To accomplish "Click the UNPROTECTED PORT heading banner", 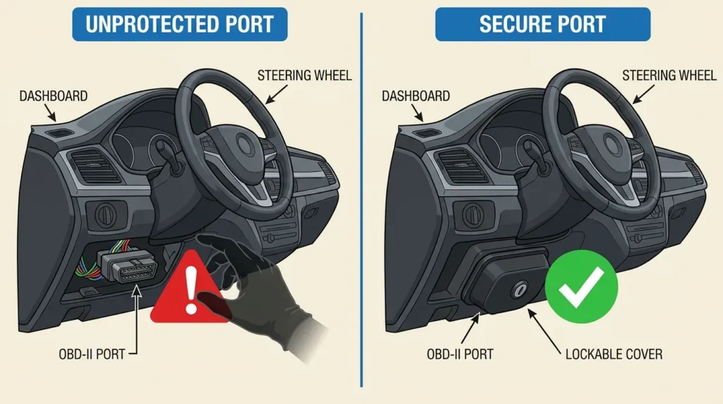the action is [x=180, y=24].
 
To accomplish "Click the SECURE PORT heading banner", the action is [x=543, y=24].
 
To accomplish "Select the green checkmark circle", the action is [x=581, y=286].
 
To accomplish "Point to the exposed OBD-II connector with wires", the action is [x=122, y=265].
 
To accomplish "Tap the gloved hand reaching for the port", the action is [x=258, y=290].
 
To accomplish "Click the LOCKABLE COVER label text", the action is [x=614, y=354].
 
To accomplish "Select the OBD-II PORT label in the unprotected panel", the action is [x=92, y=354].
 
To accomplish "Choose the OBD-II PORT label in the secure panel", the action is [x=460, y=354].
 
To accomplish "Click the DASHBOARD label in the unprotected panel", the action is [x=54, y=96].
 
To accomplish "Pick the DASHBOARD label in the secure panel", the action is [x=416, y=96].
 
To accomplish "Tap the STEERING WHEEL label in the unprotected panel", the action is [x=304, y=75].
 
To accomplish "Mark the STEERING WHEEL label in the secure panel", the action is [x=669, y=75].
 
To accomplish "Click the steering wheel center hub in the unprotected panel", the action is [x=243, y=144].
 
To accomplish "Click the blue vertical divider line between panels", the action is [x=361, y=200].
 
